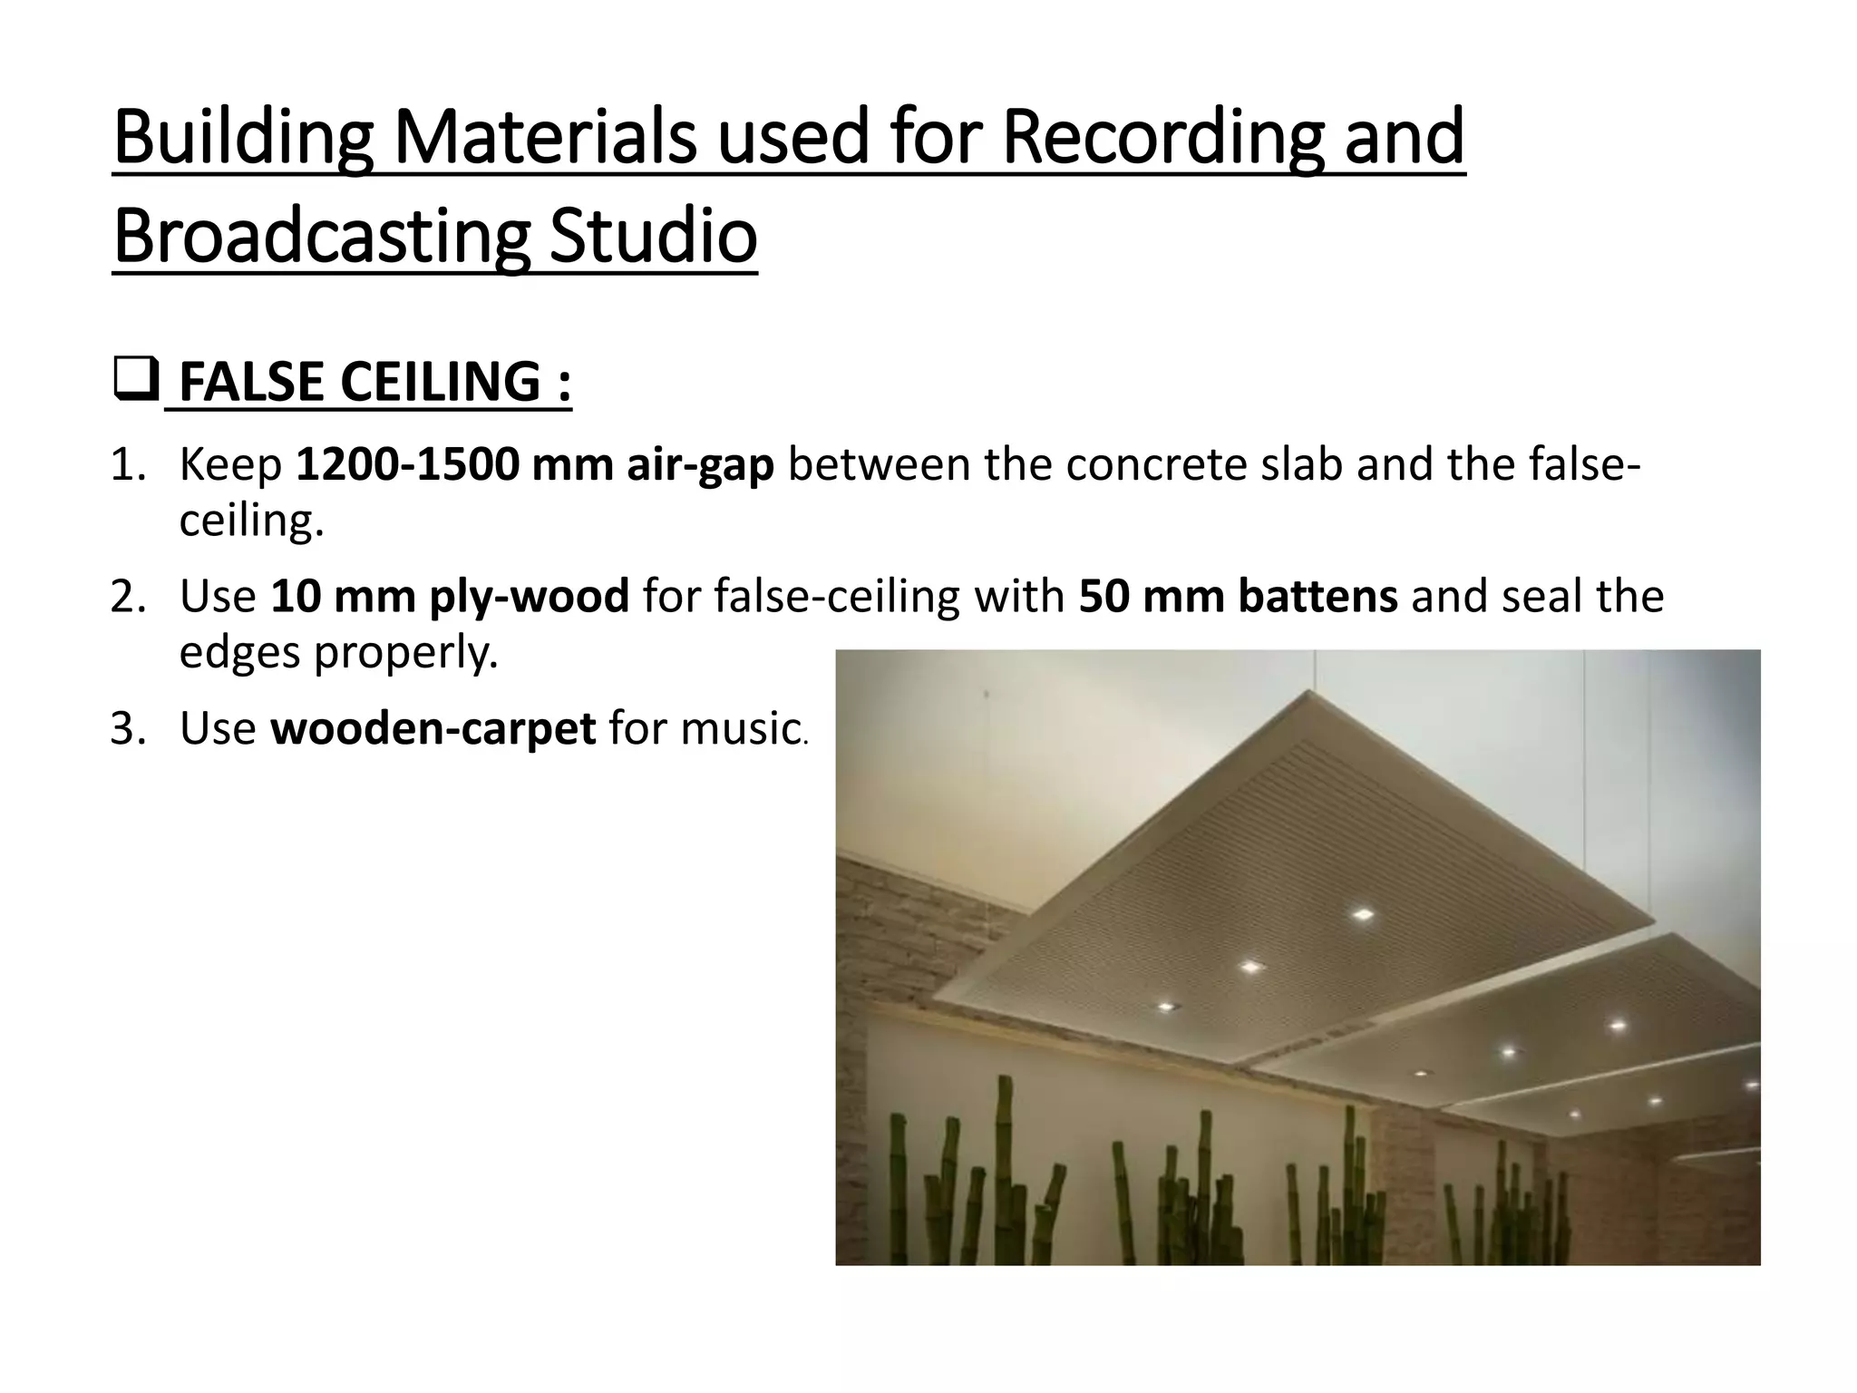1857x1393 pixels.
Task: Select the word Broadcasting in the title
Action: (x=321, y=237)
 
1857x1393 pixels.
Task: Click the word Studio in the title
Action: (x=653, y=237)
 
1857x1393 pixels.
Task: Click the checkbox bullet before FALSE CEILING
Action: (x=136, y=380)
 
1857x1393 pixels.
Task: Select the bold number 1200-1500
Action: (x=407, y=464)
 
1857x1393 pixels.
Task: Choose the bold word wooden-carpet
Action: (x=433, y=728)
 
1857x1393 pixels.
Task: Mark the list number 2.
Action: (x=128, y=597)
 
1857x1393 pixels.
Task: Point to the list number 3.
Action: (x=128, y=729)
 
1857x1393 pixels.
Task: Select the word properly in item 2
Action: (x=405, y=653)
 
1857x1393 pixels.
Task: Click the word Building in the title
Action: (x=244, y=137)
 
